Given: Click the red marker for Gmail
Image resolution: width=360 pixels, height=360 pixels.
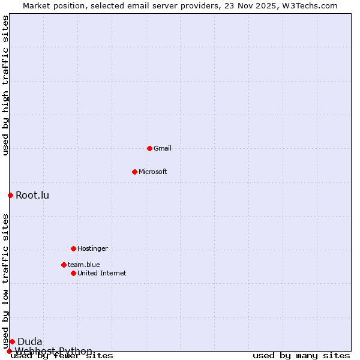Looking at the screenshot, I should click(x=149, y=148).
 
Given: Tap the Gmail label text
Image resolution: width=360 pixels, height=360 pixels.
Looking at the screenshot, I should click(x=163, y=149).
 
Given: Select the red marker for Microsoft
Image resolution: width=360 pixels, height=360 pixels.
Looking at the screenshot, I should click(x=134, y=172).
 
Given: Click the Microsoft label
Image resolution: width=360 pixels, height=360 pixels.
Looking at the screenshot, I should click(x=152, y=172).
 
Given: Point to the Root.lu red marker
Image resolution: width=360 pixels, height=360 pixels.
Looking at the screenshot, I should click(x=10, y=195).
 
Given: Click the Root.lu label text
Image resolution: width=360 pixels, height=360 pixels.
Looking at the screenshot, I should click(x=32, y=195).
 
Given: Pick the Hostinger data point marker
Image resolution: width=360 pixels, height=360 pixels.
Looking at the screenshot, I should click(x=73, y=248).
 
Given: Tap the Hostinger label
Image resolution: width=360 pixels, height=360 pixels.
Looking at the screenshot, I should click(x=92, y=249).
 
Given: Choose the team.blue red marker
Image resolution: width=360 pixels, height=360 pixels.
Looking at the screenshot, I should click(x=64, y=265).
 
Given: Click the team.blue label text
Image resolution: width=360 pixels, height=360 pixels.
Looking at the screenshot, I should click(x=83, y=265).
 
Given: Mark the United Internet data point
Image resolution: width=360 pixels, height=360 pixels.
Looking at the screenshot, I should click(x=73, y=273).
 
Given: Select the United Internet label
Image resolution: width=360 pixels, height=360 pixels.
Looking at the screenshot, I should click(x=101, y=274).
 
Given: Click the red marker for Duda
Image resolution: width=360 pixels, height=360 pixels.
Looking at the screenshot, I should click(x=12, y=341).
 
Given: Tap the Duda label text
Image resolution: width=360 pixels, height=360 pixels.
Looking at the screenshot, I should click(x=29, y=342).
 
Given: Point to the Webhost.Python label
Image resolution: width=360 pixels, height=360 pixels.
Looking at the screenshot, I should click(x=53, y=351).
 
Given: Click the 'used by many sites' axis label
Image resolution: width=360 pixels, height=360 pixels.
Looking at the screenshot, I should click(x=301, y=356).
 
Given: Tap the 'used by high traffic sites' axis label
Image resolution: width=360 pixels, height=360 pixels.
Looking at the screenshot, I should click(x=5, y=85).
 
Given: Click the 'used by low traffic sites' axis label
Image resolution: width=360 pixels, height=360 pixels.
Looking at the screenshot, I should click(x=5, y=281).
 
